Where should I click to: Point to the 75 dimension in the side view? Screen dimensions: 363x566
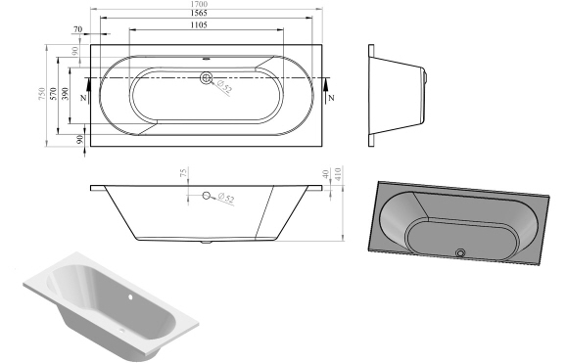[x=183, y=175]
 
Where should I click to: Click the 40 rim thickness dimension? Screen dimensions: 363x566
[x=325, y=176]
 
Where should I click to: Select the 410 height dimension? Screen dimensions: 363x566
[x=338, y=176]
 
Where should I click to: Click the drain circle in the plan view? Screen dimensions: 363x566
[x=206, y=78]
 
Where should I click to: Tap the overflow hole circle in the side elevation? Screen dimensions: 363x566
[x=206, y=196]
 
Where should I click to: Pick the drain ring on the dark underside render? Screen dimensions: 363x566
[x=459, y=254]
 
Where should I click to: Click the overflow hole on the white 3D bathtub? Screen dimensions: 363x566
[x=129, y=293]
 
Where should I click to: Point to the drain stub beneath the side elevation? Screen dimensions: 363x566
[x=205, y=241]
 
